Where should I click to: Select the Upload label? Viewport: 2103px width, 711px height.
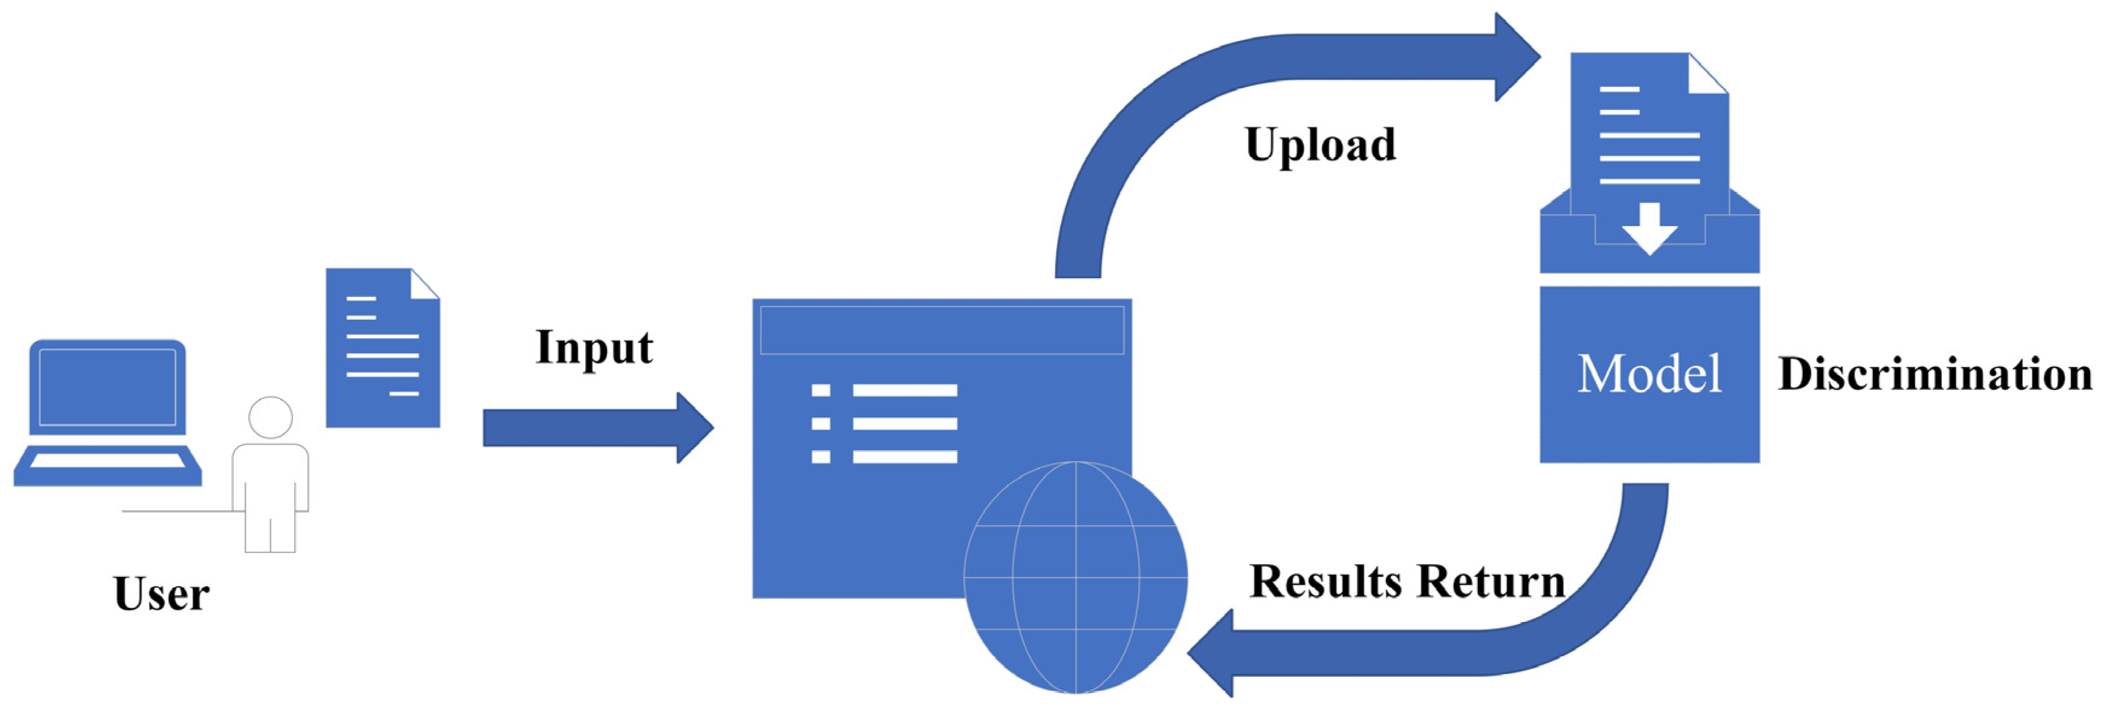click(x=1320, y=146)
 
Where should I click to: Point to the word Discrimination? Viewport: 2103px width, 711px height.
click(x=1935, y=375)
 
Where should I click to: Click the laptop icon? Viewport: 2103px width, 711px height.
click(x=107, y=413)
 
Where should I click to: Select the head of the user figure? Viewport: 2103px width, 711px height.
click(x=270, y=417)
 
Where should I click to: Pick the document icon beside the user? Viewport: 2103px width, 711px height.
click(x=382, y=348)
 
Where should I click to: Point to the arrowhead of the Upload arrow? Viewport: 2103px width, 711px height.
click(x=1517, y=57)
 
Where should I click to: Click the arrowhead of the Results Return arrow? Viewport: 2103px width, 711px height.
click(x=1212, y=653)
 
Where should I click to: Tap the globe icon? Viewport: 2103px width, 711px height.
click(x=1075, y=578)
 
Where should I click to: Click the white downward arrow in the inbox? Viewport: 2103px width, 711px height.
click(x=1649, y=229)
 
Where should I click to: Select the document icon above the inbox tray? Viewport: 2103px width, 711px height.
click(x=1648, y=123)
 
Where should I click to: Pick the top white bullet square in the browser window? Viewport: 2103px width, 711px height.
click(x=821, y=390)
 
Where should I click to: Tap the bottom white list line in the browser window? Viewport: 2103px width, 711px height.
click(x=904, y=456)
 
